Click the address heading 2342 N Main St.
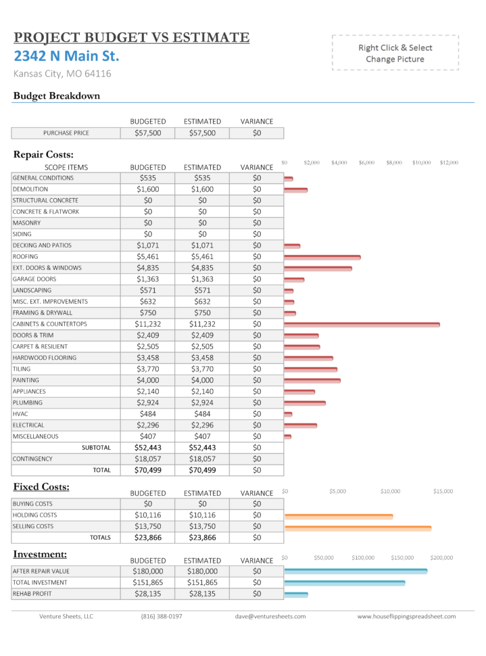click(66, 55)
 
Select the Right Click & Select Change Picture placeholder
click(395, 53)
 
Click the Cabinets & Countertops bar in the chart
click(362, 325)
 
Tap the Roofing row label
click(26, 257)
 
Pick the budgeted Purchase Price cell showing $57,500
click(147, 133)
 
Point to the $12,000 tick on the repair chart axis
click(449, 163)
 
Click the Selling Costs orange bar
click(358, 527)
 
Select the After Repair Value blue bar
click(356, 571)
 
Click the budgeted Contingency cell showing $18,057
click(147, 459)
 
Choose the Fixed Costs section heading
click(41, 487)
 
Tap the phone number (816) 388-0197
click(161, 616)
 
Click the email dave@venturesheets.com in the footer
click(270, 616)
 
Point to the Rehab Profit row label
click(32, 594)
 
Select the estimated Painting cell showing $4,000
click(202, 380)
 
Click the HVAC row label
click(20, 414)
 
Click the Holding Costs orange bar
click(339, 516)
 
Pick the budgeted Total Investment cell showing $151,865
click(147, 582)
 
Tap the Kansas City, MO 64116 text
click(62, 74)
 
